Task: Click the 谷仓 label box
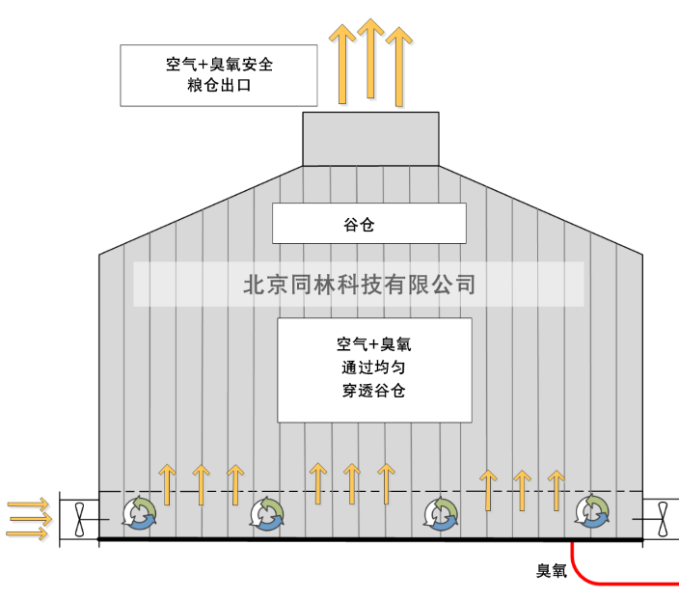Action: tap(368, 223)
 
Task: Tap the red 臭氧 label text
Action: tap(552, 571)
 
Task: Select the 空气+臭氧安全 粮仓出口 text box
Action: tap(220, 74)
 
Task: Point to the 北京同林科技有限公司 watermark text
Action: tap(359, 285)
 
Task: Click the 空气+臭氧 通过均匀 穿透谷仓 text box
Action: tap(374, 370)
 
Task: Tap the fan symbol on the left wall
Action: tap(80, 520)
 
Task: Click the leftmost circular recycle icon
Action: tap(141, 513)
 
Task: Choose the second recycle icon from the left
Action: tap(267, 513)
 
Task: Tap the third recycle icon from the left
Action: tap(442, 513)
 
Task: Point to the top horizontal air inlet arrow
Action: tap(26, 504)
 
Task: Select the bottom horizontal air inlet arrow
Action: tap(26, 533)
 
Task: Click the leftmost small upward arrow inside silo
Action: tap(167, 484)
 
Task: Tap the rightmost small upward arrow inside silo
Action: tap(556, 488)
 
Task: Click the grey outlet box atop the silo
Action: tap(370, 139)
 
